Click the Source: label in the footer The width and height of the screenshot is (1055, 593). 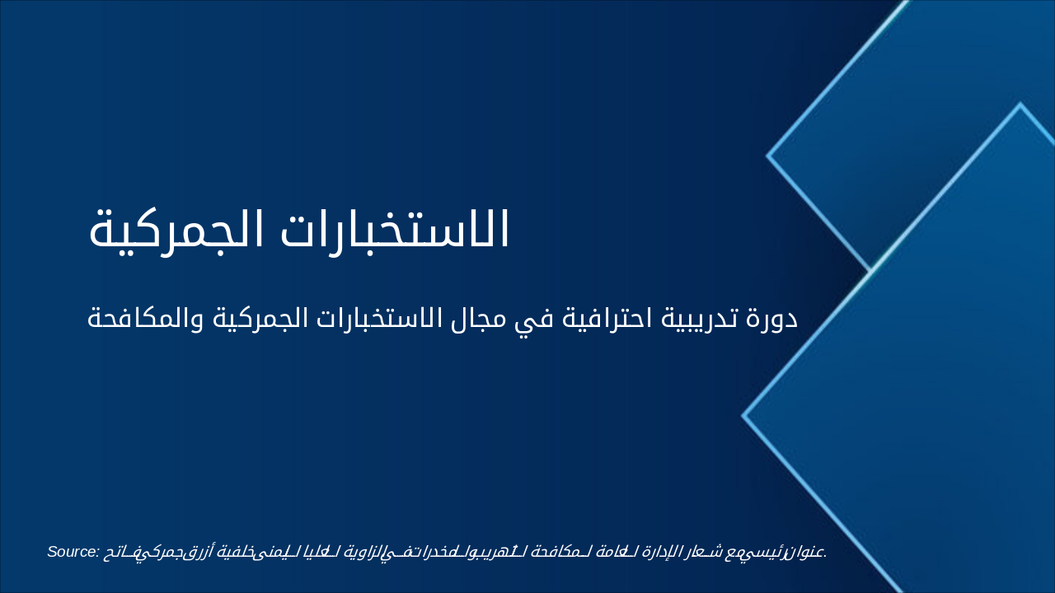point(73,551)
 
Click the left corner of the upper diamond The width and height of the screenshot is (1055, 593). point(768,155)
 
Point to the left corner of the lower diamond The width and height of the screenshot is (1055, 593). point(743,416)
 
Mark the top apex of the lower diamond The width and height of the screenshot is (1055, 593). point(1020,105)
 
